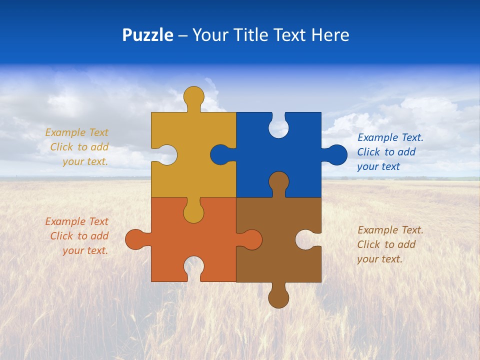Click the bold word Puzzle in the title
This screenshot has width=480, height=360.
point(147,35)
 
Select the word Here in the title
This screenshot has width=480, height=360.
point(330,35)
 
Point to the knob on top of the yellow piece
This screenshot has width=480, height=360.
point(193,96)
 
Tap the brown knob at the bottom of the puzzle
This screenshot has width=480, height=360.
point(278,297)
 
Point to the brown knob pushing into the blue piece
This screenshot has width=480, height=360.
point(278,182)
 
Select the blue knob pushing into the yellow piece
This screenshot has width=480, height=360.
point(220,155)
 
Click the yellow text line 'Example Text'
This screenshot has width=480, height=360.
point(76,132)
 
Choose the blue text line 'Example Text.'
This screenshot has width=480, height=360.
point(390,137)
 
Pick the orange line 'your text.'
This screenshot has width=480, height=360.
point(85,250)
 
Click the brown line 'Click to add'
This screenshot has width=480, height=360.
point(386,244)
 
